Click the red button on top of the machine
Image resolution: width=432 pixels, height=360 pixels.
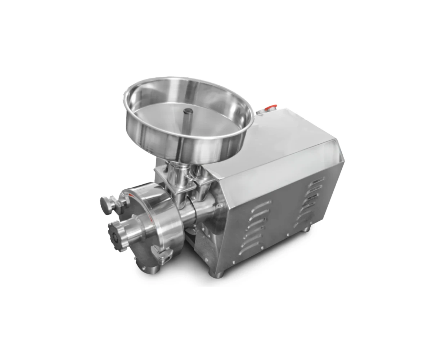tap(270, 107)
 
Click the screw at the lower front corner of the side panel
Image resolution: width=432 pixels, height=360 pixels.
tap(234, 262)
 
